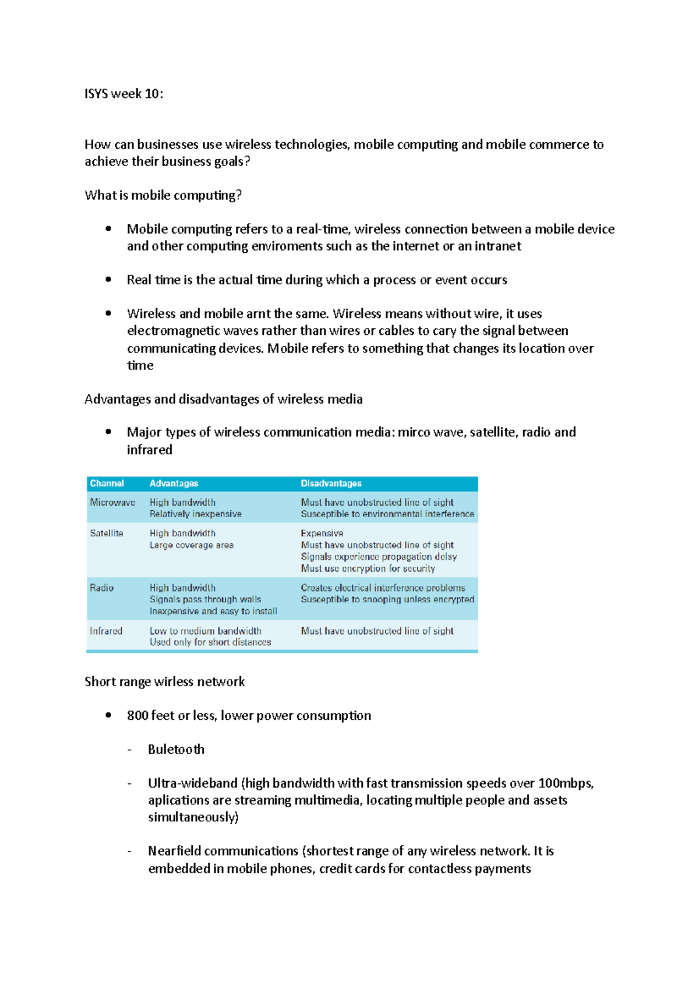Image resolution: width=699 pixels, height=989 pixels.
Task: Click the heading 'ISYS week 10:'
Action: [x=123, y=94]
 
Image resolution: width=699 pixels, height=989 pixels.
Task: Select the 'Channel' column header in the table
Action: [x=107, y=483]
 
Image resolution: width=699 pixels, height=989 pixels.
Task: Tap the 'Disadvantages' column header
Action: [x=331, y=483]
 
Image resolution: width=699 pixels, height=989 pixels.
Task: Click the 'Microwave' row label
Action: [x=112, y=502]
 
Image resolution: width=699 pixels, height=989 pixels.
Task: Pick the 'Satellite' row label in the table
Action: [x=107, y=533]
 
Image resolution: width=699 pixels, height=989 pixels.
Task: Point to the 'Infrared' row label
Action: [x=106, y=631]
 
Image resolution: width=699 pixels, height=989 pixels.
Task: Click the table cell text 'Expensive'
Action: [x=322, y=533]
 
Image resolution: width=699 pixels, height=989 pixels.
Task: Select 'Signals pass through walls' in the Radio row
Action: [x=205, y=599]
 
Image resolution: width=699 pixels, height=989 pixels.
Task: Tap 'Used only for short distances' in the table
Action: [x=210, y=642]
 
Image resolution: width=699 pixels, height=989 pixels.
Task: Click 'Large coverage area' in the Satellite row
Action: [x=191, y=545]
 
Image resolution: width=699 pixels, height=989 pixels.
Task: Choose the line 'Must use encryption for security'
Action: [x=368, y=568]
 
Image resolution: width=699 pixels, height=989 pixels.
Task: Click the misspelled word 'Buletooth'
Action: [x=176, y=749]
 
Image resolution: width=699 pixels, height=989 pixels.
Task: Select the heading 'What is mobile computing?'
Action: [x=163, y=195]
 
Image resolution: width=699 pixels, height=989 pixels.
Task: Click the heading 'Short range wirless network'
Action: [x=164, y=681]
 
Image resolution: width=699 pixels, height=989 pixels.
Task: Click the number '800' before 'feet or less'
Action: [x=137, y=715]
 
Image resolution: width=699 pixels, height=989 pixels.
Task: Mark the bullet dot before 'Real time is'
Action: [x=108, y=280]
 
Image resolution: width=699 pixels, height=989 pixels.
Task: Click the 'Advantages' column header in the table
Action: [x=174, y=483]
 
